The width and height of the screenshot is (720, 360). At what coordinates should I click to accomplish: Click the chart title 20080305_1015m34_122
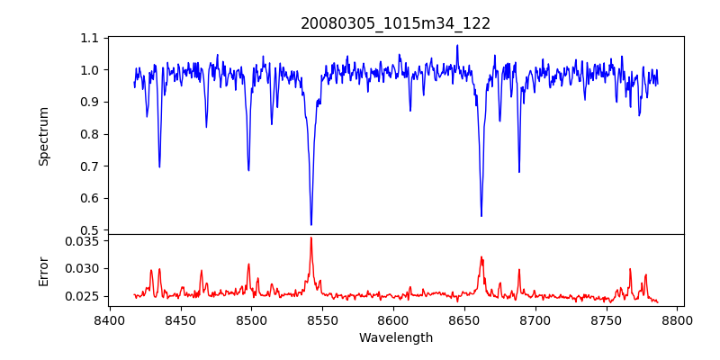396,23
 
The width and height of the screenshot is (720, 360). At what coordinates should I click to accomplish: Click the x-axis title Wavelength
396,338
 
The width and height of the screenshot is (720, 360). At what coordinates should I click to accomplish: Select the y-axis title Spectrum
44,136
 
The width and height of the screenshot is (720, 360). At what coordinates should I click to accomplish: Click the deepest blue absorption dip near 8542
311,224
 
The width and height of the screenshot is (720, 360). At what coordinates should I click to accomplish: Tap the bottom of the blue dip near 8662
481,216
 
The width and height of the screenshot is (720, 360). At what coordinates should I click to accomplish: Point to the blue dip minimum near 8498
248,170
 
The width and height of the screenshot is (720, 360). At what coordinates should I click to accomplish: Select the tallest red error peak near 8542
311,238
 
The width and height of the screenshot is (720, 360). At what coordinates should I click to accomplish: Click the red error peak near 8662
481,257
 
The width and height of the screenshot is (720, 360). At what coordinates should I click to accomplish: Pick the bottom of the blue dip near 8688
519,172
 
